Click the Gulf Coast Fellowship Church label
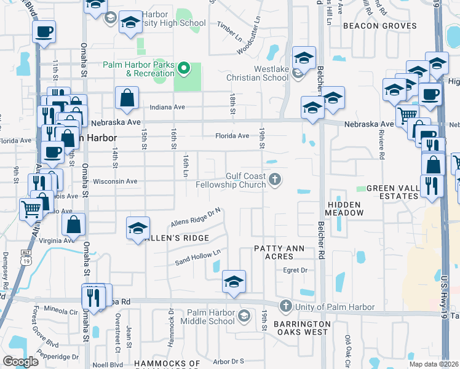pos(231,180)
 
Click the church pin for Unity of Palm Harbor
pos(285,306)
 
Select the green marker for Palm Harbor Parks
pos(184,68)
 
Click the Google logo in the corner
pos(21,361)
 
